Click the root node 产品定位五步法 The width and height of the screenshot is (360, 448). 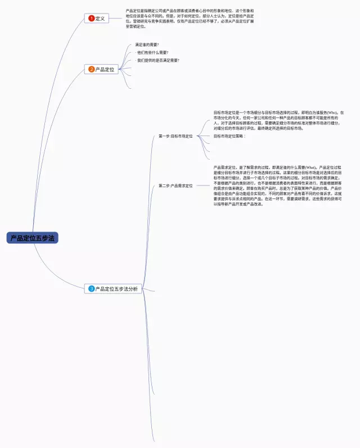click(33, 238)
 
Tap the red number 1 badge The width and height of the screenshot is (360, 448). click(91, 19)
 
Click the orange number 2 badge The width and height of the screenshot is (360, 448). click(92, 69)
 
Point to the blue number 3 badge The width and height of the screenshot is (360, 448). click(92, 289)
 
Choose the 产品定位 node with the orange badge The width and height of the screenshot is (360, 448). click(101, 69)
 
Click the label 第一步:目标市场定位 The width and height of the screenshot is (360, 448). click(175, 136)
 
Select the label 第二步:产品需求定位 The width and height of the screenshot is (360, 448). click(175, 185)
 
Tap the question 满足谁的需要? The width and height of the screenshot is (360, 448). click(147, 44)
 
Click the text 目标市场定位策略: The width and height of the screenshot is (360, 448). click(229, 136)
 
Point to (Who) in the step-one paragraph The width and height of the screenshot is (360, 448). click(332, 112)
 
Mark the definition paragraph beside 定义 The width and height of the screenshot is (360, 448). click(190, 19)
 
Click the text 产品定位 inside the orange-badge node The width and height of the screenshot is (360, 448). click(105, 69)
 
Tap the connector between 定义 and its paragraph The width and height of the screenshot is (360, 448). click(116, 19)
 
